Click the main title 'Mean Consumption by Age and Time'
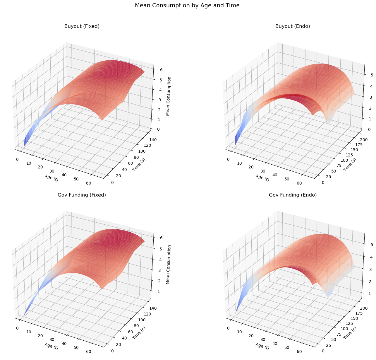click(188, 5)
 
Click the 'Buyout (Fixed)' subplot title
click(82, 26)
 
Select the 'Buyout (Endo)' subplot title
click(293, 26)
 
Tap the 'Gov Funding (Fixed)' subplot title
click(82, 195)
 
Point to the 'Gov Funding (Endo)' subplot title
click(293, 195)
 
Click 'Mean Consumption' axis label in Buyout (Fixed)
click(168, 96)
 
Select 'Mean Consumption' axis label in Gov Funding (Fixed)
click(168, 265)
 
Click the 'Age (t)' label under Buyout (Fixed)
click(51, 178)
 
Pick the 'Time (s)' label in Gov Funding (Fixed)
click(139, 333)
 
